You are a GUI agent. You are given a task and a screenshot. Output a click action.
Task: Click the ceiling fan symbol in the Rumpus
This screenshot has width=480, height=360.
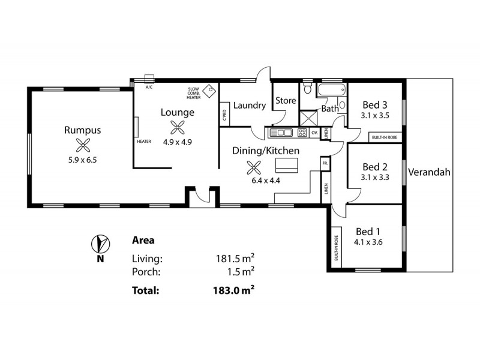[x=82, y=144]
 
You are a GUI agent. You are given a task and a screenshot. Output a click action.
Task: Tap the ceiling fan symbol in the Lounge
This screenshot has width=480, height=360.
[x=177, y=127]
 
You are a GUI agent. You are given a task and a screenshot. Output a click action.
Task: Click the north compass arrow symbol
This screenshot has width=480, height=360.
[x=100, y=243]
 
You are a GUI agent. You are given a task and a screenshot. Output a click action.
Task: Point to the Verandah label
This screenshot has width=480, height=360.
[x=429, y=173]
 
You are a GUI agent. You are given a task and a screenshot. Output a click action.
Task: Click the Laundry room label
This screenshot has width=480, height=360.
[x=249, y=106]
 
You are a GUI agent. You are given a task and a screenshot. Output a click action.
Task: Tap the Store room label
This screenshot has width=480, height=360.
[x=286, y=101]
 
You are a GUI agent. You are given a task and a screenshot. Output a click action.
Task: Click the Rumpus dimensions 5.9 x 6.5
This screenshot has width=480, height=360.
[x=83, y=161]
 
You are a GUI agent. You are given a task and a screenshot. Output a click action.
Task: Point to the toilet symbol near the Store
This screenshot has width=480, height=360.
[x=307, y=90]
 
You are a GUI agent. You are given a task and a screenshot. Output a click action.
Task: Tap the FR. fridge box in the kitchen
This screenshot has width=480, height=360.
[x=325, y=163]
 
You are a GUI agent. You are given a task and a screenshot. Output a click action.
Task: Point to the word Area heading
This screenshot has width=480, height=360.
[x=143, y=241]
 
